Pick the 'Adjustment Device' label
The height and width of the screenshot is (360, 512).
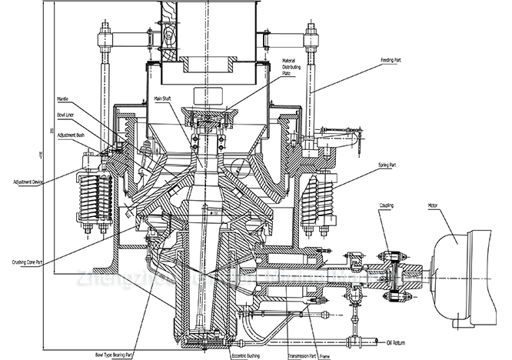28,182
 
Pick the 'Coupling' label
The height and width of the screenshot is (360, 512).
387,206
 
